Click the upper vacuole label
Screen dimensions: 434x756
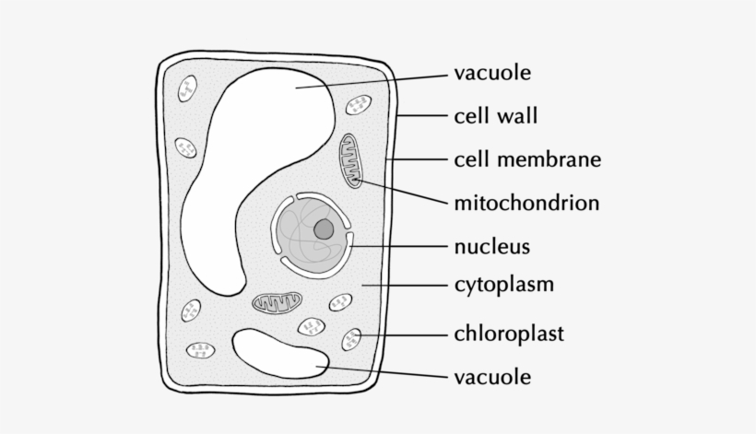[x=492, y=72]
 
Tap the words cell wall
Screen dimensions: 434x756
[x=495, y=116]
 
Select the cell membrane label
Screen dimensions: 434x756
[x=527, y=159]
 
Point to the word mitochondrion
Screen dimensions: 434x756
[x=526, y=203]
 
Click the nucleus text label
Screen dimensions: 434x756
[x=491, y=246]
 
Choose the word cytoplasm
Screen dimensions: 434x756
[x=503, y=284]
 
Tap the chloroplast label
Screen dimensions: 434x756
[x=508, y=333]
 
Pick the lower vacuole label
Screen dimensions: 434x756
[x=492, y=376]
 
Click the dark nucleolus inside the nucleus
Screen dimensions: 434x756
[x=323, y=229]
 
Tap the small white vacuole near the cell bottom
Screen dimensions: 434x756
[x=277, y=354]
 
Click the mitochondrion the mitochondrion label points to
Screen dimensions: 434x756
[x=352, y=161]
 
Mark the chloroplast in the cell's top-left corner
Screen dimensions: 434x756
[x=187, y=89]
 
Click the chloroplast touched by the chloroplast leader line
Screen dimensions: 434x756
[x=352, y=339]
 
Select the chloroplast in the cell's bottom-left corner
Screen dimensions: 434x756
[x=200, y=350]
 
